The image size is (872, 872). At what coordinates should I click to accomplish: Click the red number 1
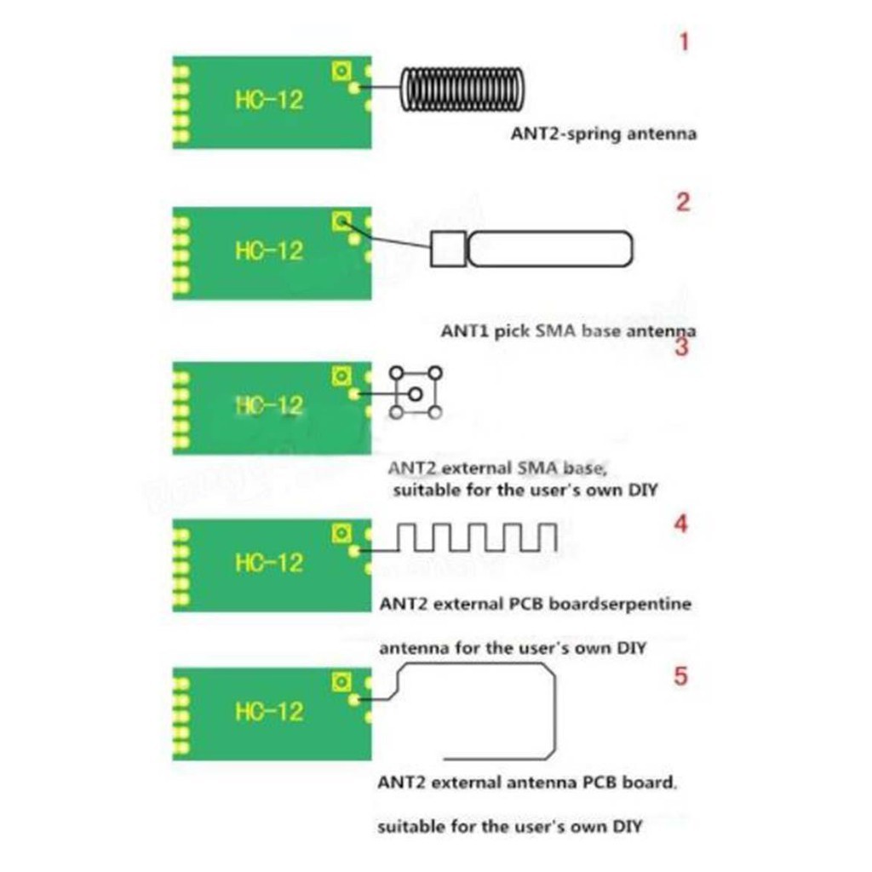[684, 43]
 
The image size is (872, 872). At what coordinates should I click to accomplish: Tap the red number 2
[683, 202]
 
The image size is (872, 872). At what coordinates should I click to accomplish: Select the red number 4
[680, 524]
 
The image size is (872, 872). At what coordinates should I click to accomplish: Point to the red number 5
[680, 676]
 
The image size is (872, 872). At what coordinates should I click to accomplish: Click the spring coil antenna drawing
[462, 89]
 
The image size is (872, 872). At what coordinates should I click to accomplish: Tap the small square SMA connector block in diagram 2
[448, 250]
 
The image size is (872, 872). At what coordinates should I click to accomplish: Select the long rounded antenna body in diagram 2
[550, 250]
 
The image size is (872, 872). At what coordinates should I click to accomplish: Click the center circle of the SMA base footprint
[415, 394]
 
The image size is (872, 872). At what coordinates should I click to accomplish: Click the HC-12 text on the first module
[269, 100]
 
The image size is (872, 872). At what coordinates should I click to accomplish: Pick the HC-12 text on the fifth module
[269, 712]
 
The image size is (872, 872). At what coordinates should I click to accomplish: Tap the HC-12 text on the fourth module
[269, 563]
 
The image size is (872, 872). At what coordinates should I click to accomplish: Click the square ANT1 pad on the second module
[341, 222]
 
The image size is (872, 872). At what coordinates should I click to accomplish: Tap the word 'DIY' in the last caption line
[626, 826]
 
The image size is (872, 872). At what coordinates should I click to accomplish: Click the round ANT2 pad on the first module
[354, 88]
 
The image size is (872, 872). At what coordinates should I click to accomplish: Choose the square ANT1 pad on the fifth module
[341, 682]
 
